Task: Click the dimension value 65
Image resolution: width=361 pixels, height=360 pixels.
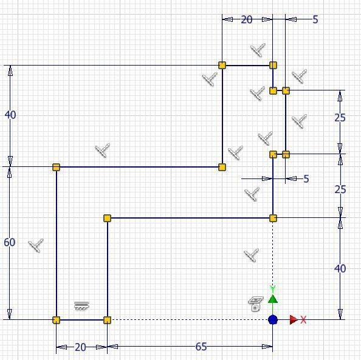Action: (201, 347)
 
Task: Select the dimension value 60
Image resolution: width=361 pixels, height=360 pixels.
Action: (10, 242)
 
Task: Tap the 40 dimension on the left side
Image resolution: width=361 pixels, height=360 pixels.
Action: (10, 115)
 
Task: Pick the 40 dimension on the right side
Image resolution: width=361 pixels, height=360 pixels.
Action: (340, 268)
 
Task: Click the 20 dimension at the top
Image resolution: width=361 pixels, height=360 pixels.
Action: (247, 20)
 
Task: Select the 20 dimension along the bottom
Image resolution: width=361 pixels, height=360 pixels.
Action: (80, 347)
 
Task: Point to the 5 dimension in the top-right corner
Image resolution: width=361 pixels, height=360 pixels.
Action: (315, 19)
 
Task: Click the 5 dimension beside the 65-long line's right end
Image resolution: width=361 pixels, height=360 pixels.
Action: (306, 178)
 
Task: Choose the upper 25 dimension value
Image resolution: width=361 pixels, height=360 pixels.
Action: (340, 118)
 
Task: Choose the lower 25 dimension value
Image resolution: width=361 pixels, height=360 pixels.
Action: (340, 189)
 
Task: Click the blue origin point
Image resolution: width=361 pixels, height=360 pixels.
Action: (273, 320)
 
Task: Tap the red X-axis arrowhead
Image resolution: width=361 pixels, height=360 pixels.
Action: (294, 320)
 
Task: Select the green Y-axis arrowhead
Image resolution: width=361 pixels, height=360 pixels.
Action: (273, 299)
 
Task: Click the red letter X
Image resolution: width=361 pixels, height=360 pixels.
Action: (303, 320)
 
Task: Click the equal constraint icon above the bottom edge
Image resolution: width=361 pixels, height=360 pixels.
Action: (81, 306)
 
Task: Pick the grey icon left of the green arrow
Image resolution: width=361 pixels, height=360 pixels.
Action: (255, 304)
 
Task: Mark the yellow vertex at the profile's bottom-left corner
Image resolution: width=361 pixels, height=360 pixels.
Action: (56, 320)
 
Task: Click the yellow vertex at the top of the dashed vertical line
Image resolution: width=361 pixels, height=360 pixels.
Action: (273, 218)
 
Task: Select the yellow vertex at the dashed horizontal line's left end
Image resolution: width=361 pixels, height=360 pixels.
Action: (108, 320)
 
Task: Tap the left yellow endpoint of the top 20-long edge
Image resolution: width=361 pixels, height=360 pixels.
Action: (222, 66)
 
